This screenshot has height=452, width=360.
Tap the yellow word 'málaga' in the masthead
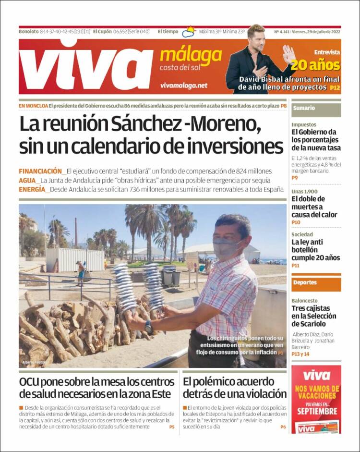pos(191,56)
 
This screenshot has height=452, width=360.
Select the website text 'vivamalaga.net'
pos(184,85)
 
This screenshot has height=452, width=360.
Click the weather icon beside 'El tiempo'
pos(189,32)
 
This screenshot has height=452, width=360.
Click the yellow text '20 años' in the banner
pos(315,65)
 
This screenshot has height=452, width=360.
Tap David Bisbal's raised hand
pos(288,54)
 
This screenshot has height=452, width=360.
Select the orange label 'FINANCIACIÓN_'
pos(41,171)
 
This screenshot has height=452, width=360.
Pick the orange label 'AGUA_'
pos(28,180)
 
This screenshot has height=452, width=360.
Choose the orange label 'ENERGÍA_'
pos(34,189)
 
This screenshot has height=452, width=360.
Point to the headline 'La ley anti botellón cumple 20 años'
pos(316,250)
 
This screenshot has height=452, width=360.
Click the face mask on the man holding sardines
pos(225,248)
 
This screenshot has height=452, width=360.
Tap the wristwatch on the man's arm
pos(149,327)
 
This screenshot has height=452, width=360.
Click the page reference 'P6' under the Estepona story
pos(283,427)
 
